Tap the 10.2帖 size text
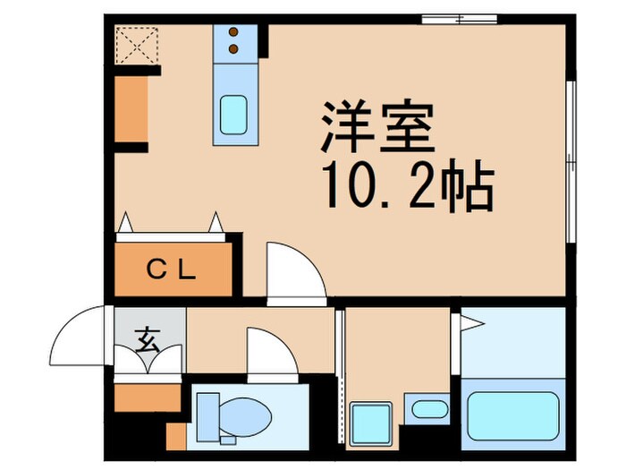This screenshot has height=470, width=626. (407, 189)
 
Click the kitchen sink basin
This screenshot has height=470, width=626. (234, 114)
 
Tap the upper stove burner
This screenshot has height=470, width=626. (234, 33)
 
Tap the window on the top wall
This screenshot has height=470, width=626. (459, 18)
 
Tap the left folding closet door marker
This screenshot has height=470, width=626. (126, 222)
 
